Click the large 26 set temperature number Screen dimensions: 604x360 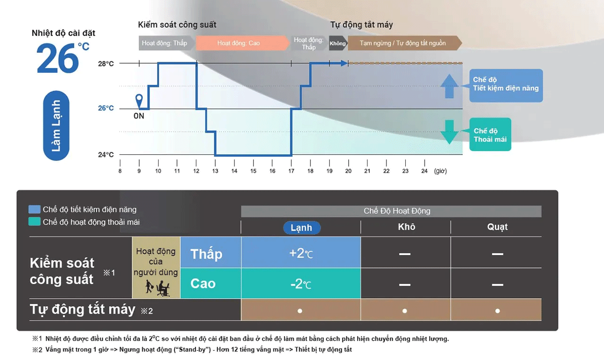[x=58, y=58]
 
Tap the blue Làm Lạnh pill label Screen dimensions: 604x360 [x=56, y=126]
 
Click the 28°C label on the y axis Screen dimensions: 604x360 [x=106, y=64]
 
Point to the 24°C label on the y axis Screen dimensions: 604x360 [x=106, y=154]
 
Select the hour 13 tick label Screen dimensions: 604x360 [x=215, y=171]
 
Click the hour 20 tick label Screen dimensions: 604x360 [x=348, y=171]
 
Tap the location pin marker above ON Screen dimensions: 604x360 [x=139, y=101]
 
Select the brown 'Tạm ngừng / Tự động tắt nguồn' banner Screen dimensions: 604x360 [x=405, y=43]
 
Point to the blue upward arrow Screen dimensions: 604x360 [x=449, y=86]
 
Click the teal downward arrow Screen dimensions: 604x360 [x=449, y=132]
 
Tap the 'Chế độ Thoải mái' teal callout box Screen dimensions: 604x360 [x=490, y=134]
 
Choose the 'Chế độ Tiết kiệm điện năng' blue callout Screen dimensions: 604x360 [x=506, y=85]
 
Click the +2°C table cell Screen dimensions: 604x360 [x=301, y=252]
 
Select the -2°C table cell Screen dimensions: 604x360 [x=301, y=284]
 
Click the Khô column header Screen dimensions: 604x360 [x=406, y=227]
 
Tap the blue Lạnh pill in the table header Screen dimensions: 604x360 [x=302, y=227]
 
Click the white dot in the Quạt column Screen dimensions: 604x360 [x=497, y=311]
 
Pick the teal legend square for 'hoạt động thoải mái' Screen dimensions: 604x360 [x=34, y=222]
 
